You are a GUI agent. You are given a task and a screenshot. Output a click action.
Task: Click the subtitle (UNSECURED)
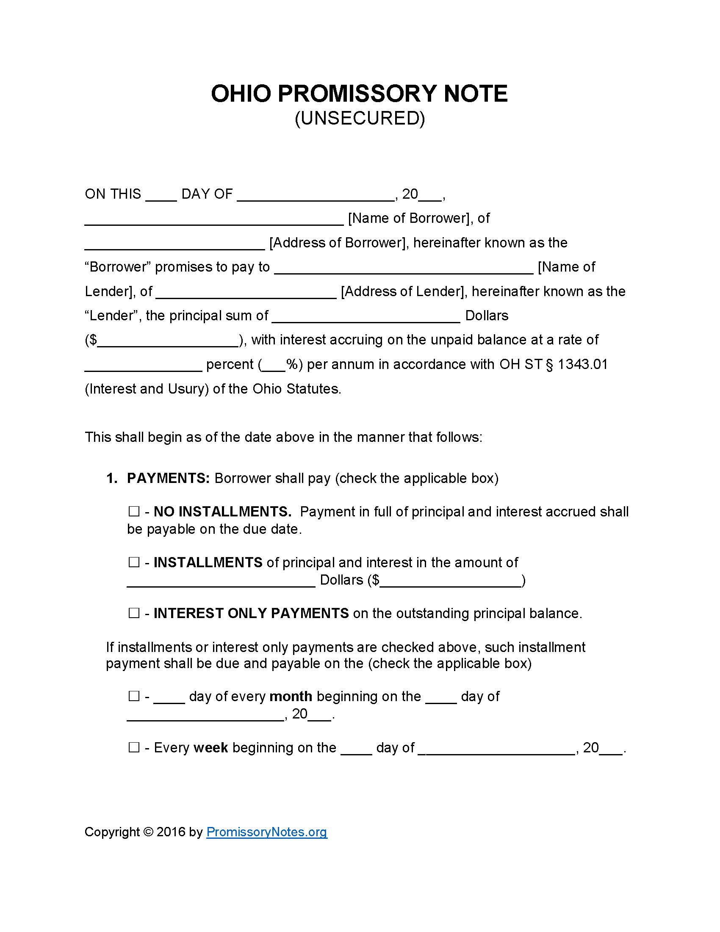(x=360, y=118)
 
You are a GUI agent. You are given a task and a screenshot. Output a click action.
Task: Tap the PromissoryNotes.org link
(x=266, y=832)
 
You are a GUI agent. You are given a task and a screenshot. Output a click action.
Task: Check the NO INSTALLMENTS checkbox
(x=134, y=511)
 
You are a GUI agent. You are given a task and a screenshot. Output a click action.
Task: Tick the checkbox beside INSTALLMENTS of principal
(x=134, y=562)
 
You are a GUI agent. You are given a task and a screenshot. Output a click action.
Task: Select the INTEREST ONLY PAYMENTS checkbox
(x=134, y=613)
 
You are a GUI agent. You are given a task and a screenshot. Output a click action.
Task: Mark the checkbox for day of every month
(x=134, y=696)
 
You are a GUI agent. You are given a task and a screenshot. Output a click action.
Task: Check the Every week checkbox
(x=134, y=748)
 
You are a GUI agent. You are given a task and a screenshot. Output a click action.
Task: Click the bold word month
(x=291, y=696)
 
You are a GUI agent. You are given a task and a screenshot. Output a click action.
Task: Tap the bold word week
(x=211, y=748)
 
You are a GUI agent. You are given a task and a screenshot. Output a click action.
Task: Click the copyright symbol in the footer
(x=148, y=832)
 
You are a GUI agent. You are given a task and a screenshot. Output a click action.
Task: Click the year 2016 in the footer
(x=171, y=832)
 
